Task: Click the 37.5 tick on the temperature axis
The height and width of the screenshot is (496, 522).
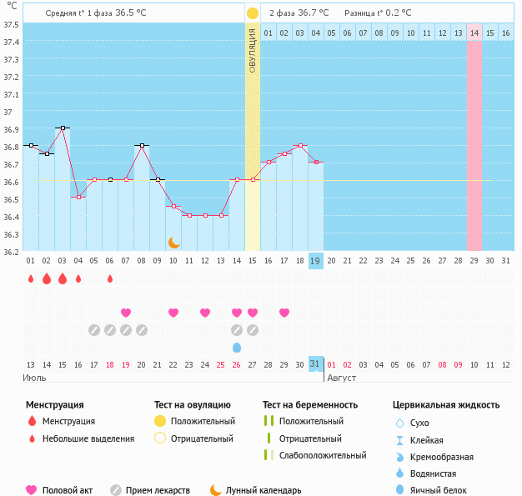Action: (12, 24)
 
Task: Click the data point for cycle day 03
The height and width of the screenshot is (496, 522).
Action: (62, 128)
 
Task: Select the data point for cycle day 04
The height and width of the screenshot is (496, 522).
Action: (78, 197)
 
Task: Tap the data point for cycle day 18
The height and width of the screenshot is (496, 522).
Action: (299, 145)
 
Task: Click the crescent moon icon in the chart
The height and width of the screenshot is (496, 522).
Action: (173, 242)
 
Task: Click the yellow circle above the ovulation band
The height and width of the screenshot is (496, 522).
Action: (253, 13)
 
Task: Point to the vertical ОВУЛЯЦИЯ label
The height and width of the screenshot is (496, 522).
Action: (253, 50)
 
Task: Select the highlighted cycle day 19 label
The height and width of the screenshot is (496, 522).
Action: (315, 261)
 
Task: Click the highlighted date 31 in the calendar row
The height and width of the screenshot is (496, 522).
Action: (315, 364)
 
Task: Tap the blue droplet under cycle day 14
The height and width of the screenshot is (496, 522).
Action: (237, 347)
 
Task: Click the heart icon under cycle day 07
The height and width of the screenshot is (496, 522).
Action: (126, 313)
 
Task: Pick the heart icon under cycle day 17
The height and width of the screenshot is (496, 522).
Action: (284, 313)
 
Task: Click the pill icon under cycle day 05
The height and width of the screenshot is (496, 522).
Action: (94, 330)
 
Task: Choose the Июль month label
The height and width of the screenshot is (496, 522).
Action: (33, 378)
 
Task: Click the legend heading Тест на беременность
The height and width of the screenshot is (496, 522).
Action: (310, 405)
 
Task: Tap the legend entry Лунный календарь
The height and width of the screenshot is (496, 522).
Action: (264, 490)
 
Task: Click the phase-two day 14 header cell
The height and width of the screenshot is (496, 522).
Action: (474, 33)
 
